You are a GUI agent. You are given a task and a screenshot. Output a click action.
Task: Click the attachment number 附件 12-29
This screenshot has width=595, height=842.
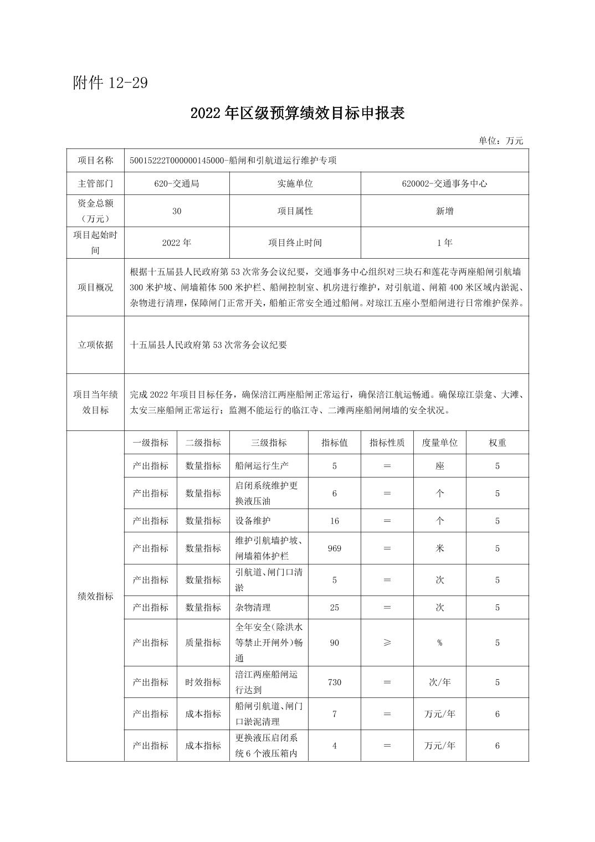[110, 83]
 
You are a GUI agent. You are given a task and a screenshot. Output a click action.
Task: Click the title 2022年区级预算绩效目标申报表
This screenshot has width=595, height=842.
[297, 113]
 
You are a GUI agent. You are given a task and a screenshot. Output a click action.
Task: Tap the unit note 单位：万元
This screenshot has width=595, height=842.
[501, 141]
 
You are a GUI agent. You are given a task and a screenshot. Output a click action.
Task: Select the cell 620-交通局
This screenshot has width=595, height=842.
[177, 183]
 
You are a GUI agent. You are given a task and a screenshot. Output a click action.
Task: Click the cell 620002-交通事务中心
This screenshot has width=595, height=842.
[444, 183]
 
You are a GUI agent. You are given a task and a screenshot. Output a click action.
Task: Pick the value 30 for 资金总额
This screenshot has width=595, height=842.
[177, 211]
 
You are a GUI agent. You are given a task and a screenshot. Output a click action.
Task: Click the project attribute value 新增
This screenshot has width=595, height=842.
[444, 211]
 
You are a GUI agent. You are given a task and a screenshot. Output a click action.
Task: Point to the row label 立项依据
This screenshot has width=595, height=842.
[95, 345]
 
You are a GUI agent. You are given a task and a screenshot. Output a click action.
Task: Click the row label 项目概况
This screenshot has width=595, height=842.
[95, 287]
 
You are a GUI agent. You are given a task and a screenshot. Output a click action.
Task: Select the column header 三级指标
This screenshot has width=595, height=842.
[269, 443]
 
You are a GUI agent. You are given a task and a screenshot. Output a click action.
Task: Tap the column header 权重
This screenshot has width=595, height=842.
[497, 443]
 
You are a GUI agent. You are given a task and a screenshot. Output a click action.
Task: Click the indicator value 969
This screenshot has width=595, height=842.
[334, 548]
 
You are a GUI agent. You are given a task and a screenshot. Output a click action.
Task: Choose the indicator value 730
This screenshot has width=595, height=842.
[334, 682]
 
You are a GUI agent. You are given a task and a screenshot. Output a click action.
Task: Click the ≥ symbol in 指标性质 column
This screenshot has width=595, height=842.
[387, 643]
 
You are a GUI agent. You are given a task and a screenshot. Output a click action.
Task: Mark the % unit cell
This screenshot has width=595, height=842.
[439, 643]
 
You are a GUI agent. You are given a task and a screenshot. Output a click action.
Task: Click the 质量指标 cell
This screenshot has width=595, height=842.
[203, 643]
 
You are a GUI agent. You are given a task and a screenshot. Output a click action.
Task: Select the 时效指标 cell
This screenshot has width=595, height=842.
[203, 682]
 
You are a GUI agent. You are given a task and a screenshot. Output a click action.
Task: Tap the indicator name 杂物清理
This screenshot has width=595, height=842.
[253, 608]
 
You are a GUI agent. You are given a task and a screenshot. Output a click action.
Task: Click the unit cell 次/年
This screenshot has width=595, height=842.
[439, 682]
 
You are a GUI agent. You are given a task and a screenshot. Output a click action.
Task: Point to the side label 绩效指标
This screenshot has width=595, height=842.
[95, 597]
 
